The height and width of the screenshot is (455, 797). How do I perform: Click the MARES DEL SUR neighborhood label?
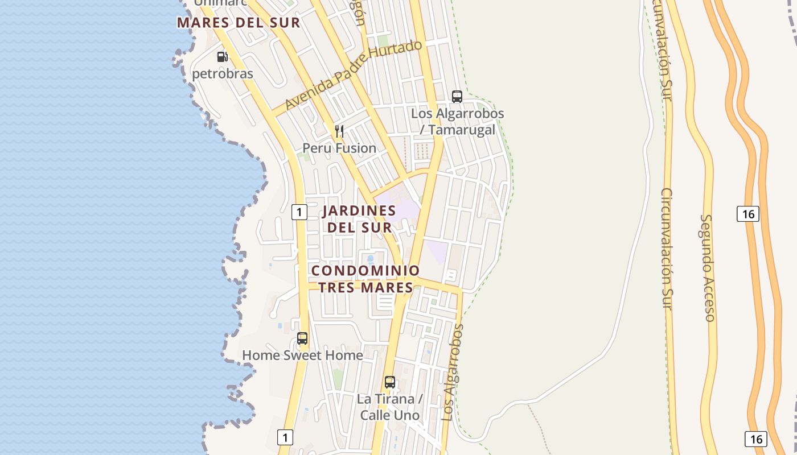pyautogui.click(x=238, y=23)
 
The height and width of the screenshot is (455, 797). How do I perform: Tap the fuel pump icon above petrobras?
pyautogui.click(x=222, y=57)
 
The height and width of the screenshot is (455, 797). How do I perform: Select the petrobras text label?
pyautogui.click(x=222, y=73)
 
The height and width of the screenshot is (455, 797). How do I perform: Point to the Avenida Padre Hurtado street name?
pyautogui.click(x=354, y=75)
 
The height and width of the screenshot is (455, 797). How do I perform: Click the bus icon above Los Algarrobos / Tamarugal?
pyautogui.click(x=457, y=96)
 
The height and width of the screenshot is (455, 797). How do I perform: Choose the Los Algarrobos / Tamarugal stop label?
pyautogui.click(x=457, y=122)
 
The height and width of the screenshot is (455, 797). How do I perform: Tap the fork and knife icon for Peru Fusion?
pyautogui.click(x=339, y=131)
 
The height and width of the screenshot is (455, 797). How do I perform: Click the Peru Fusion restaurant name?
pyautogui.click(x=339, y=148)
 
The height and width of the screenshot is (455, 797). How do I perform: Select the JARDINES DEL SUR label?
pyautogui.click(x=359, y=219)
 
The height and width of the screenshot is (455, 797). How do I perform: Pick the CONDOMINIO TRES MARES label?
pyautogui.click(x=365, y=279)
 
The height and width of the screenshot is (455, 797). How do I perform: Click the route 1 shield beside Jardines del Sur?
pyautogui.click(x=299, y=212)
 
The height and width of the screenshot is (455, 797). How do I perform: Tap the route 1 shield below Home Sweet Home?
pyautogui.click(x=285, y=437)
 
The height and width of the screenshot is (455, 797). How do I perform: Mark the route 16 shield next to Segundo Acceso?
pyautogui.click(x=747, y=214)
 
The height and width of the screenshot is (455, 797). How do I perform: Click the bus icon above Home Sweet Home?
pyautogui.click(x=302, y=338)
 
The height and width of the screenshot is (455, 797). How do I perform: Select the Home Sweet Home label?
pyautogui.click(x=302, y=355)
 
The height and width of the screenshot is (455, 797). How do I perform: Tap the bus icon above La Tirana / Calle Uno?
pyautogui.click(x=389, y=382)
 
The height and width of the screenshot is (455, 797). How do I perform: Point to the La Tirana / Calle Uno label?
pyautogui.click(x=389, y=407)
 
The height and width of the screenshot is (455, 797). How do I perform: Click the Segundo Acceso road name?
pyautogui.click(x=707, y=267)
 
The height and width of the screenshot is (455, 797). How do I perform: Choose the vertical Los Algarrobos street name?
pyautogui.click(x=453, y=372)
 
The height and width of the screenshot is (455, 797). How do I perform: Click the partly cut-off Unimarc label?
pyautogui.click(x=220, y=3)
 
